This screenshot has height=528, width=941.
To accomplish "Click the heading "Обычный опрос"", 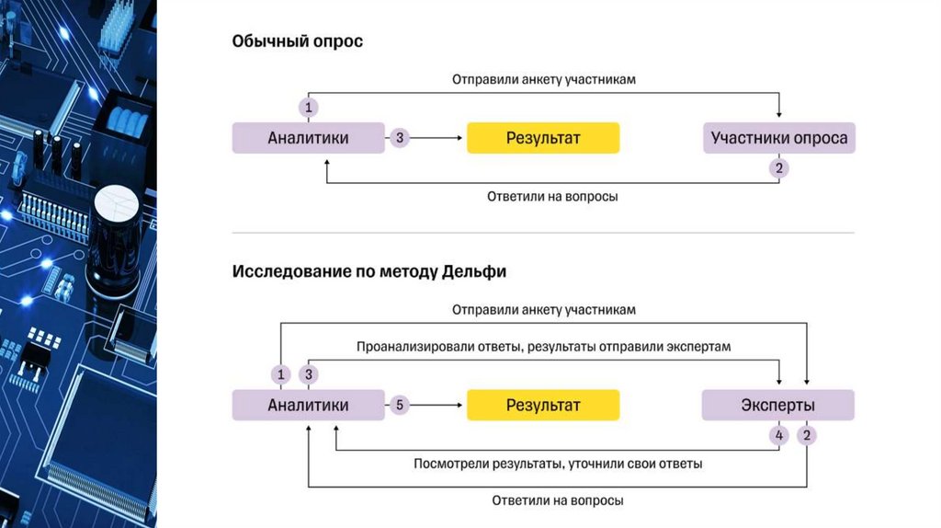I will pyautogui.click(x=297, y=41).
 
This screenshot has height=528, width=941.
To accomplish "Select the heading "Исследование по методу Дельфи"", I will pyautogui.click(x=368, y=272).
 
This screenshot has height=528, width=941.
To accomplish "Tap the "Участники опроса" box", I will pyautogui.click(x=778, y=139).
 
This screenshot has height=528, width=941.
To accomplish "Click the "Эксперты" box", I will pyautogui.click(x=777, y=405).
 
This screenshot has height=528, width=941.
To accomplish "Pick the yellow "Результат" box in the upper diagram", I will pyautogui.click(x=543, y=139).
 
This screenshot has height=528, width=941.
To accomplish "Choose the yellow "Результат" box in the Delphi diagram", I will pyautogui.click(x=543, y=405).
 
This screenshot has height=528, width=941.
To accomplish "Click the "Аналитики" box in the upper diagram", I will pyautogui.click(x=308, y=139).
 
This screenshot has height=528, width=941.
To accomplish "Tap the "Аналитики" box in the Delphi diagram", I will pyautogui.click(x=308, y=405).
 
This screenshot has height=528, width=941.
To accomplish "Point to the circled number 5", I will pyautogui.click(x=400, y=405).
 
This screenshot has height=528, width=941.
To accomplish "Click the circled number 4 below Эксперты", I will pyautogui.click(x=779, y=434).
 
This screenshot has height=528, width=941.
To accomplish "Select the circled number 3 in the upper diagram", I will pyautogui.click(x=400, y=139).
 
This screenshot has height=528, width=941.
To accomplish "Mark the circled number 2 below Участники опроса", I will pyautogui.click(x=779, y=168).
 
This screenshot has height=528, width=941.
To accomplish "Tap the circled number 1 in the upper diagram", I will pyautogui.click(x=309, y=109).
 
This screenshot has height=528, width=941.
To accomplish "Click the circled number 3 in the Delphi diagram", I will pyautogui.click(x=309, y=374).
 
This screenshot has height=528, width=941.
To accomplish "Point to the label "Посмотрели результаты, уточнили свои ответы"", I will pyautogui.click(x=558, y=465).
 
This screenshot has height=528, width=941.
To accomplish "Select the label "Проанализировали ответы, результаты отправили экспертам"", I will pyautogui.click(x=543, y=347).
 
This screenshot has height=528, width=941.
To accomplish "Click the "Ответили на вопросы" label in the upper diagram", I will pyautogui.click(x=552, y=197).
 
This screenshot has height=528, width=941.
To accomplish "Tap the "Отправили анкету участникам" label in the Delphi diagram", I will pyautogui.click(x=543, y=310).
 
